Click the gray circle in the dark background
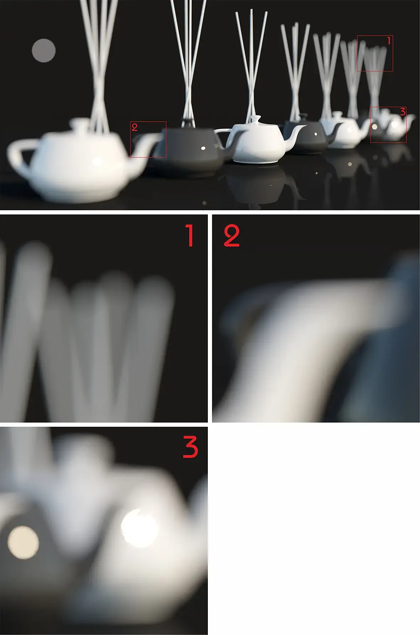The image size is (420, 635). (43, 51)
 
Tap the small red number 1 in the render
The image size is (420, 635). (389, 41)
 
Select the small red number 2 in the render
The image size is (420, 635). (135, 127)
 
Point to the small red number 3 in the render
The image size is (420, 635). (403, 112)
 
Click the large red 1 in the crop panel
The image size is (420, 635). (190, 236)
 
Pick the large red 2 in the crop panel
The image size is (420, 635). (231, 236)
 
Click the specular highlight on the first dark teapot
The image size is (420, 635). (203, 148)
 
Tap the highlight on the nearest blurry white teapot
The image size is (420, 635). (97, 161)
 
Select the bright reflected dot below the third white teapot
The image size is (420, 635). (349, 164)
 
